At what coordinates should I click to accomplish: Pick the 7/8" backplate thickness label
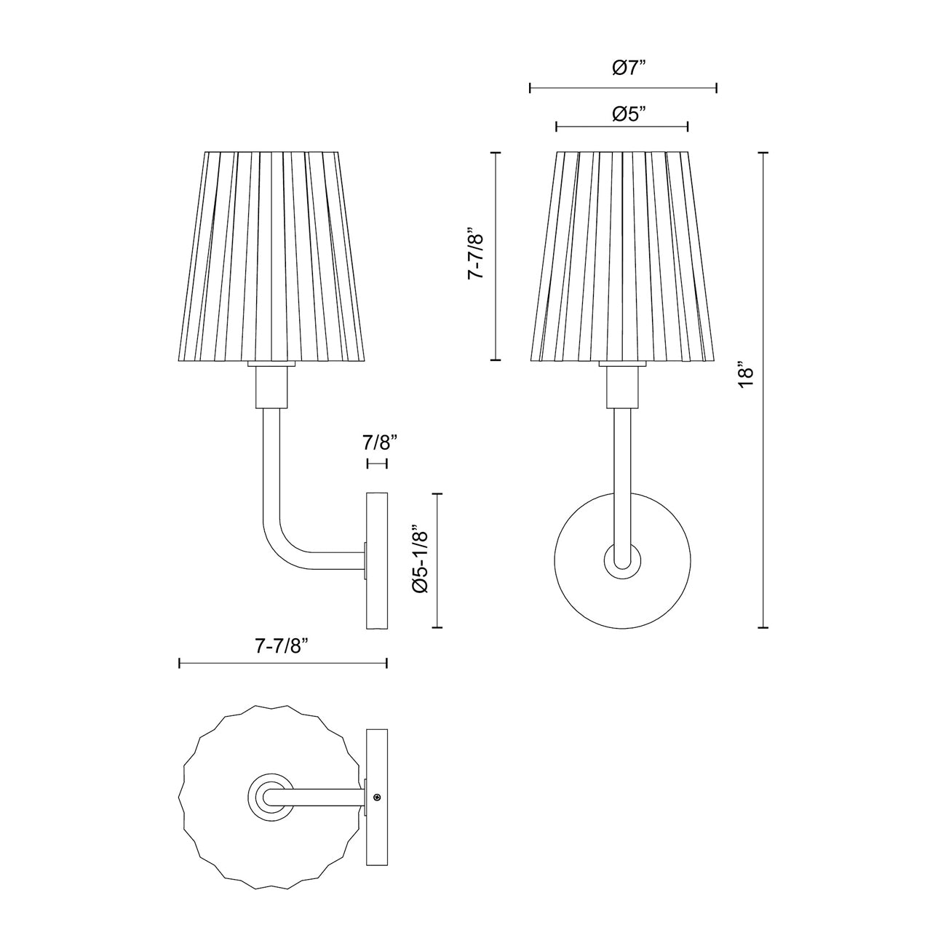378,443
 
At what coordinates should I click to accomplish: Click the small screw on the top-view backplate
376,798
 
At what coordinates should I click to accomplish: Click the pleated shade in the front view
622,255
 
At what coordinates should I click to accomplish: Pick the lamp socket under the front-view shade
623,386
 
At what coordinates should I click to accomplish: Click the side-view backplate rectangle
377,560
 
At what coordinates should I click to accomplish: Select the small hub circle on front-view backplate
623,562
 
